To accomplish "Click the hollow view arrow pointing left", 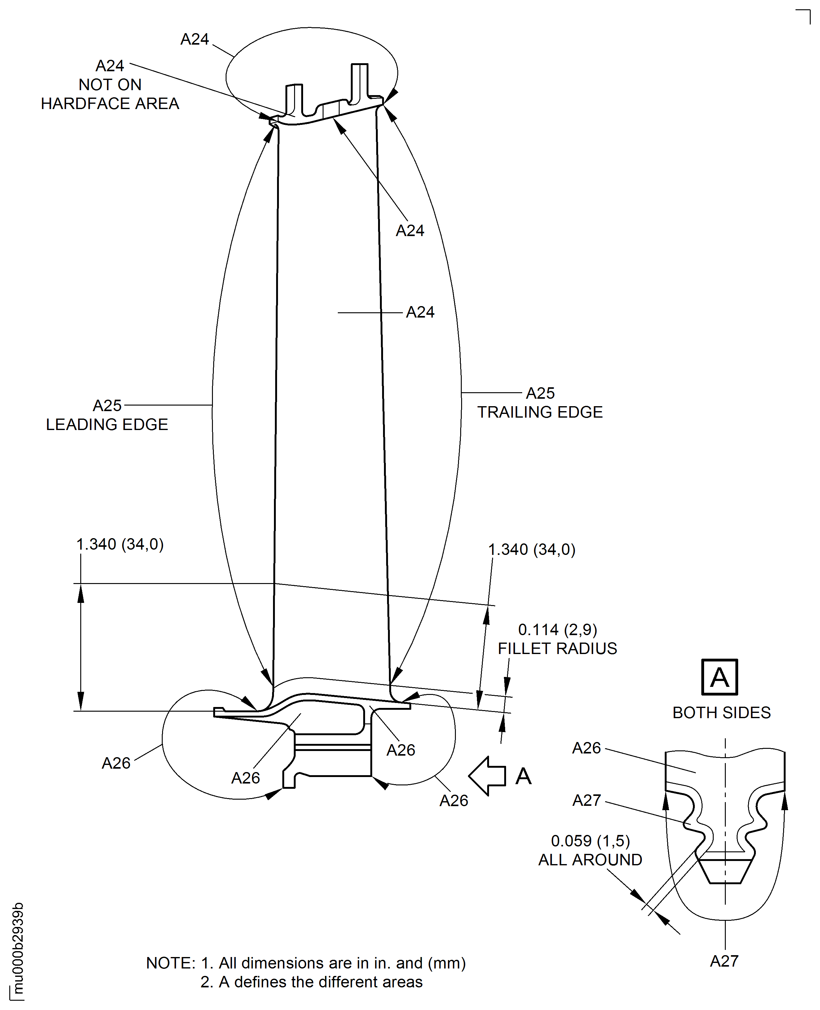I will (x=487, y=776).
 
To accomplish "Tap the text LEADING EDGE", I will (x=107, y=424).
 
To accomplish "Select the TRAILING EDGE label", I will (x=540, y=412).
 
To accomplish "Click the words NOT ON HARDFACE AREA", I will (x=110, y=94).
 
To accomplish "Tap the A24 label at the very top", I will (x=195, y=39).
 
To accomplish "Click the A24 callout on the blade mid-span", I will (x=420, y=312).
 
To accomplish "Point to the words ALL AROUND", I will (x=590, y=860).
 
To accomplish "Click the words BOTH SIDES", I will (x=721, y=713).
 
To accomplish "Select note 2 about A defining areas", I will (x=311, y=982).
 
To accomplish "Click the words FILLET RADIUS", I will (x=558, y=648).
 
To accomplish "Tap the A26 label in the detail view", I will (x=586, y=748).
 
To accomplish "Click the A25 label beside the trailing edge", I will (x=540, y=393).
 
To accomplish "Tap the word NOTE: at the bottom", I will (x=170, y=963).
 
